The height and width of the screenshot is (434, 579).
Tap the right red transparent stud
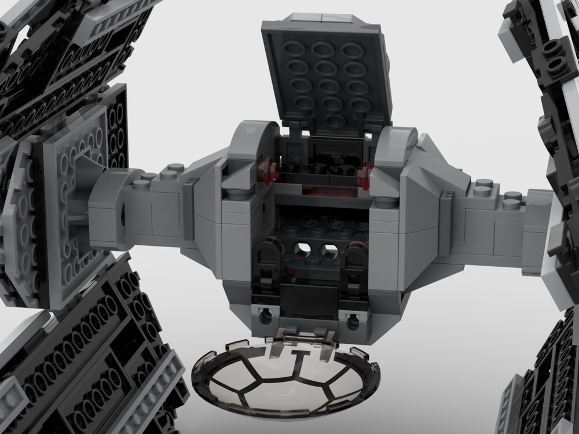click(x=365, y=171)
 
